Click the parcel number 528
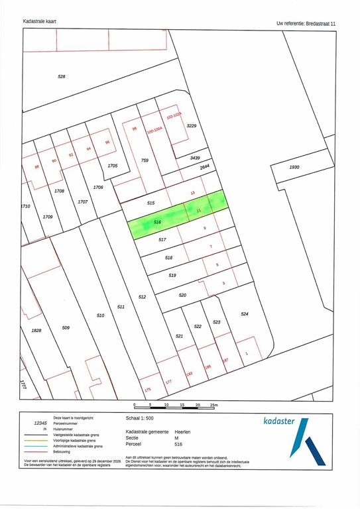62,78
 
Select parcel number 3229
192,126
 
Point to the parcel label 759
145,160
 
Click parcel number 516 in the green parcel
157,221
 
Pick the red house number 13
193,193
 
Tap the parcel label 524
244,313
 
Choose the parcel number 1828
36,330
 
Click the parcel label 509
66,327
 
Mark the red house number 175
147,390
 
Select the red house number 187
225,361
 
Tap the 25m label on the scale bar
213,404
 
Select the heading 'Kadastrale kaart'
40,22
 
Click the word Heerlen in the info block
182,431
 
